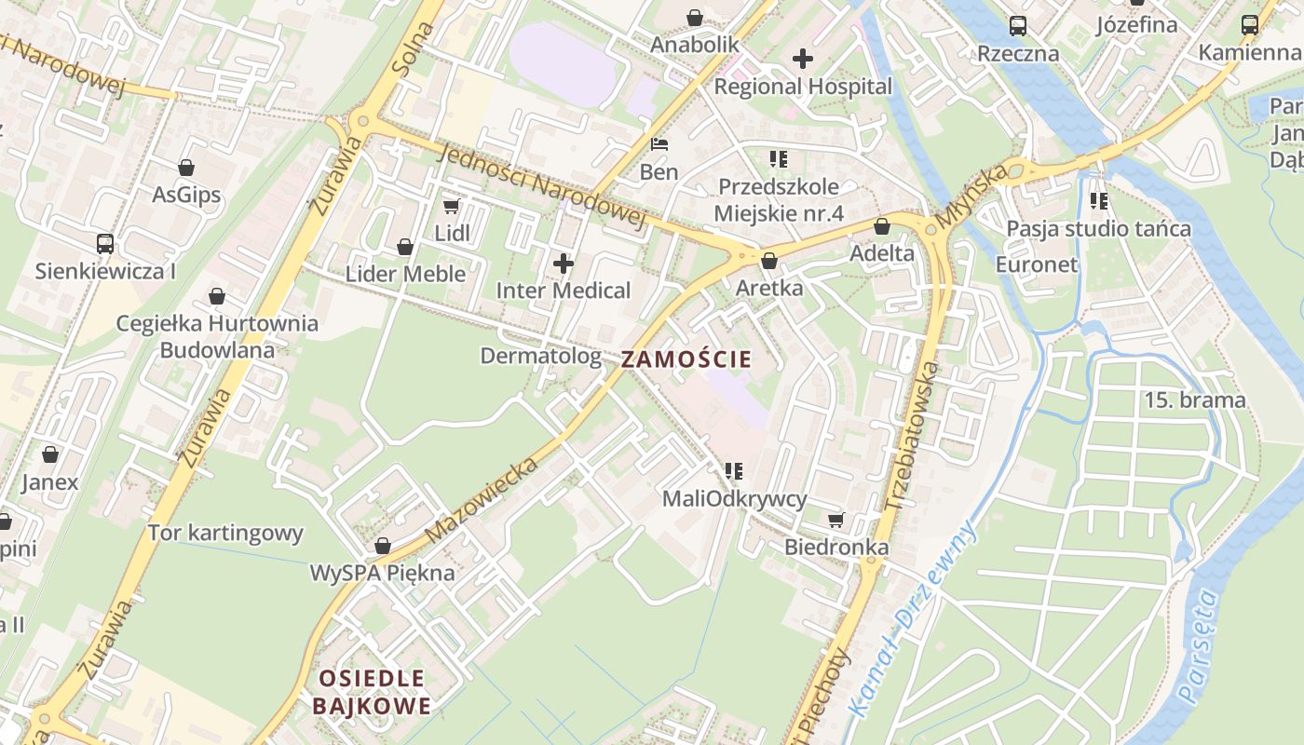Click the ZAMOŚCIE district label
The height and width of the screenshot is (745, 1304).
(x=686, y=359)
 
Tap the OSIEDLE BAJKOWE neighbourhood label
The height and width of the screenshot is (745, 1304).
(x=372, y=692)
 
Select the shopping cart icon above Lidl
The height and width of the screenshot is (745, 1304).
(x=452, y=206)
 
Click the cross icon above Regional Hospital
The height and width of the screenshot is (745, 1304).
(x=802, y=59)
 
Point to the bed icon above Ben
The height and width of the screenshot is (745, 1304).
(x=659, y=144)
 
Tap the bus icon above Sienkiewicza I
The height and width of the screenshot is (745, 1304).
(x=105, y=244)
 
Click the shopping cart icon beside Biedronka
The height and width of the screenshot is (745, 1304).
(x=836, y=520)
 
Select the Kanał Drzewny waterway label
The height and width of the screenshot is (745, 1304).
(x=913, y=619)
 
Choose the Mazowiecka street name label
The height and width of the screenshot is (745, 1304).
(x=482, y=500)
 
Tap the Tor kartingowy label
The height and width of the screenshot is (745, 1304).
(x=225, y=534)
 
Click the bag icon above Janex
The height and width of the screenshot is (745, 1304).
(x=50, y=454)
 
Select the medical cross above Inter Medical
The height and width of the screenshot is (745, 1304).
(x=564, y=264)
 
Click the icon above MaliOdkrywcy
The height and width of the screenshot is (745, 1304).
(x=734, y=471)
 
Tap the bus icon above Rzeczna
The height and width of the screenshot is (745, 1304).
(x=1018, y=26)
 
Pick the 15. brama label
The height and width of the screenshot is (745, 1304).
(x=1195, y=400)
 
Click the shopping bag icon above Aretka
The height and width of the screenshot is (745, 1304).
(x=768, y=261)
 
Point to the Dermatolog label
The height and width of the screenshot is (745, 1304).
(x=540, y=356)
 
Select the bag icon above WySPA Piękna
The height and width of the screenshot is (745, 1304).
(x=382, y=546)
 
